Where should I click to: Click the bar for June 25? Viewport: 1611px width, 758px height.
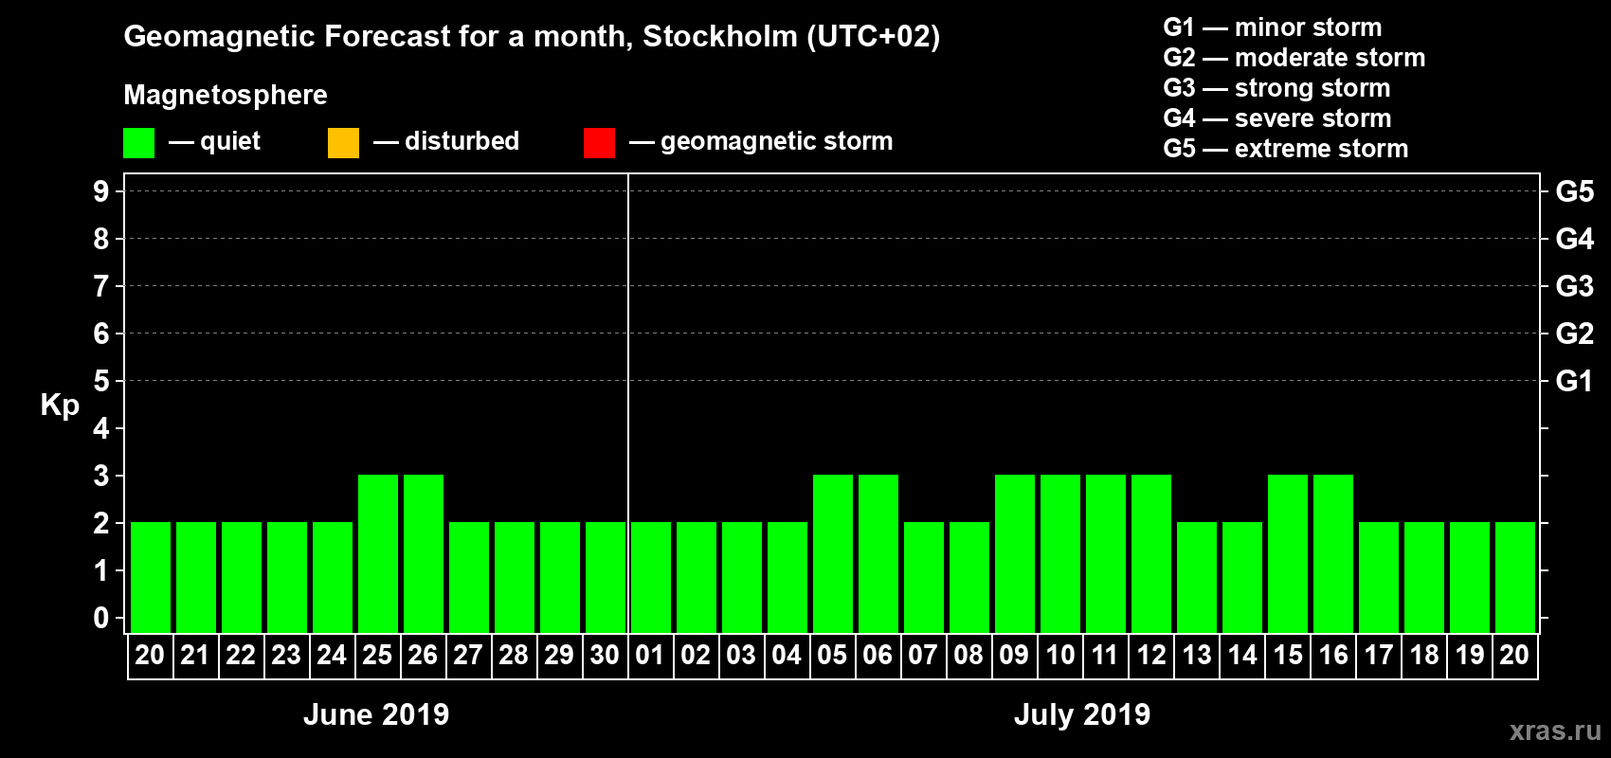pyautogui.click(x=378, y=553)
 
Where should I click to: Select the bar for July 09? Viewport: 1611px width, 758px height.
pyautogui.click(x=1015, y=553)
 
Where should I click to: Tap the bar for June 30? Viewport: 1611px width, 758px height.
pyautogui.click(x=606, y=577)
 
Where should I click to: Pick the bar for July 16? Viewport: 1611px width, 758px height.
pyautogui.click(x=1333, y=553)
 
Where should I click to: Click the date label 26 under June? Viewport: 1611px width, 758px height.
pyautogui.click(x=423, y=655)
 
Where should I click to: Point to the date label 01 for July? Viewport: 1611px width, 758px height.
pyautogui.click(x=650, y=655)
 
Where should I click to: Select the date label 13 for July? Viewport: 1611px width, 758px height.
pyautogui.click(x=1197, y=655)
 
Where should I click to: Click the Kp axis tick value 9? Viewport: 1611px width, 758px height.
pyautogui.click(x=101, y=191)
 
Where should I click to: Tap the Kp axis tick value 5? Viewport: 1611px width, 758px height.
pyautogui.click(x=101, y=381)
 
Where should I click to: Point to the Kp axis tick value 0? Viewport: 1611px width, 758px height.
pyautogui.click(x=101, y=618)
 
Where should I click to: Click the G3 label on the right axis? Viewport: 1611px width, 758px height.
pyautogui.click(x=1574, y=286)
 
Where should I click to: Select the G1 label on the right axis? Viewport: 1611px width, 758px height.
pyautogui.click(x=1574, y=381)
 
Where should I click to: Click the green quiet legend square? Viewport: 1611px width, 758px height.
pyautogui.click(x=138, y=143)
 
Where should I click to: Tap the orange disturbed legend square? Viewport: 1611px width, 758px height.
pyautogui.click(x=343, y=143)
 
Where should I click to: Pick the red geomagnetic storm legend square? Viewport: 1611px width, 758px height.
pyautogui.click(x=599, y=143)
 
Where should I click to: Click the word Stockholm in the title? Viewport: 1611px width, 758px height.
pyautogui.click(x=719, y=37)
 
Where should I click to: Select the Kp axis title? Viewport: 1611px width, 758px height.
pyautogui.click(x=60, y=406)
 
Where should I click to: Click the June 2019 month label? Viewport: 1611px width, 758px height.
pyautogui.click(x=376, y=714)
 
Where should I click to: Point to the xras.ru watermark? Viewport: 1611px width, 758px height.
pyautogui.click(x=1554, y=731)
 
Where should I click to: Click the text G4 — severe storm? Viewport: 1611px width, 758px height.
pyautogui.click(x=1276, y=118)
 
